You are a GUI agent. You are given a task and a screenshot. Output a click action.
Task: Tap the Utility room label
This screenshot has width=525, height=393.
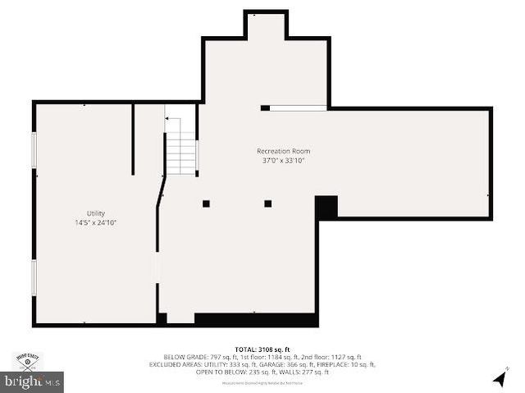pyautogui.click(x=96, y=213)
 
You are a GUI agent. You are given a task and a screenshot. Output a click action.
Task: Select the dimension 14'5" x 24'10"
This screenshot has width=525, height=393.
pyautogui.click(x=96, y=222)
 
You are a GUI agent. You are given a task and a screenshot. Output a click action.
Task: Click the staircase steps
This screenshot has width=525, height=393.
pyautogui.click(x=181, y=153)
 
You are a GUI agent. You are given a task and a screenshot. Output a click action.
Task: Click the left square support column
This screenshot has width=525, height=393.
pyautogui.click(x=206, y=203)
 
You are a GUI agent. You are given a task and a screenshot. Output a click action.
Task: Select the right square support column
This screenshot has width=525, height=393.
pyautogui.click(x=267, y=203)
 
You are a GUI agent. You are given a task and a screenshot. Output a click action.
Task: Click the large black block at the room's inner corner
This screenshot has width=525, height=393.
pyautogui.click(x=326, y=207)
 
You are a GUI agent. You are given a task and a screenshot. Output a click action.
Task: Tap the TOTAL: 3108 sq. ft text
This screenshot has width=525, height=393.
pyautogui.click(x=262, y=350)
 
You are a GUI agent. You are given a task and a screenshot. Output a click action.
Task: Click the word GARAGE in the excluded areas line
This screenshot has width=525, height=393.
pyautogui.click(x=284, y=364)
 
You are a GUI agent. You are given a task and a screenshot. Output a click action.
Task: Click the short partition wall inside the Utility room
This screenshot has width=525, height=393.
pyautogui.click(x=133, y=139)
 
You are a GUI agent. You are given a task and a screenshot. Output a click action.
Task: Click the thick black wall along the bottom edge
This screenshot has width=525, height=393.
pyautogui.click(x=255, y=320)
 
